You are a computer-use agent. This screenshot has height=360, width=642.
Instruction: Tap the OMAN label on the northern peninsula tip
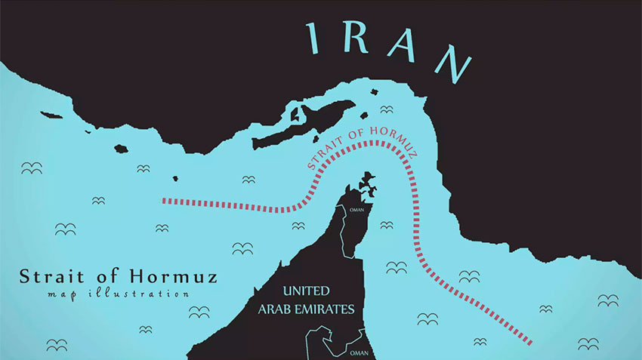357,211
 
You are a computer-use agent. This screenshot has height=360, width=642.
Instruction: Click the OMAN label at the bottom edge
359,352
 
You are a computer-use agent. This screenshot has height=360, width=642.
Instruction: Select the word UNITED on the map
307,291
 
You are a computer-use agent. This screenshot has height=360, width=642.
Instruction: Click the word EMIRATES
327,309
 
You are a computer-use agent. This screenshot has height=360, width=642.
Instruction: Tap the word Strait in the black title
52,275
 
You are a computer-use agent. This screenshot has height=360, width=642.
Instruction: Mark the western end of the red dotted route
165,201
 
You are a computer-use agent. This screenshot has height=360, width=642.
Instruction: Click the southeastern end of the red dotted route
530,343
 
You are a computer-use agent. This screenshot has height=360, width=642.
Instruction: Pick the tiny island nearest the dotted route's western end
175,179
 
